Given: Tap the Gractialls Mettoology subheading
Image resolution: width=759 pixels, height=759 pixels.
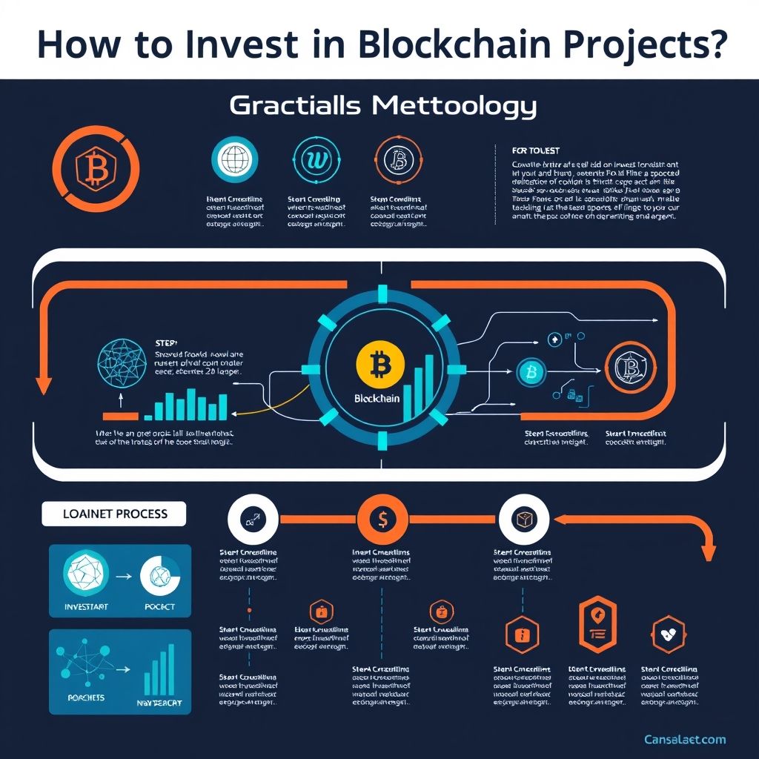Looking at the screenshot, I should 382,106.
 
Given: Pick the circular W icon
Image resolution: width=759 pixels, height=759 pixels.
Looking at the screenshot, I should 315,159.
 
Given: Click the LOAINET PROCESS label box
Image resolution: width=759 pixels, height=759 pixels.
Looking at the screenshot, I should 114,514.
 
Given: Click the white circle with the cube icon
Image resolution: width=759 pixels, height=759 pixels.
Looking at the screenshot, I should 524,520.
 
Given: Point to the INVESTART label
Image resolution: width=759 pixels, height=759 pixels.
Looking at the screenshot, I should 87,606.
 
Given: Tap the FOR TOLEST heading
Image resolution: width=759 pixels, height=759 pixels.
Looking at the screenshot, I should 536,150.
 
